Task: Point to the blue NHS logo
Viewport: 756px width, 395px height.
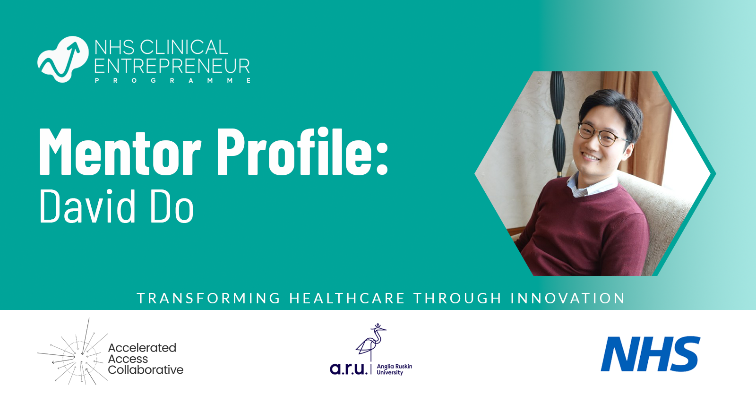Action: (650, 354)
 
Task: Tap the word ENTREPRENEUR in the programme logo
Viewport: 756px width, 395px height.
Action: (172, 66)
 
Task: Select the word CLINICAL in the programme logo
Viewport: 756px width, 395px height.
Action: (184, 47)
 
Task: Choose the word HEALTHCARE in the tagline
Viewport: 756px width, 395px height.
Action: (347, 299)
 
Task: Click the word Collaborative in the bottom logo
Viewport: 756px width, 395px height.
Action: (146, 370)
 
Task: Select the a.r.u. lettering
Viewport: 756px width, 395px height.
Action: (348, 369)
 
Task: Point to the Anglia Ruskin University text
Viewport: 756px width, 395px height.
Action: (394, 369)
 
